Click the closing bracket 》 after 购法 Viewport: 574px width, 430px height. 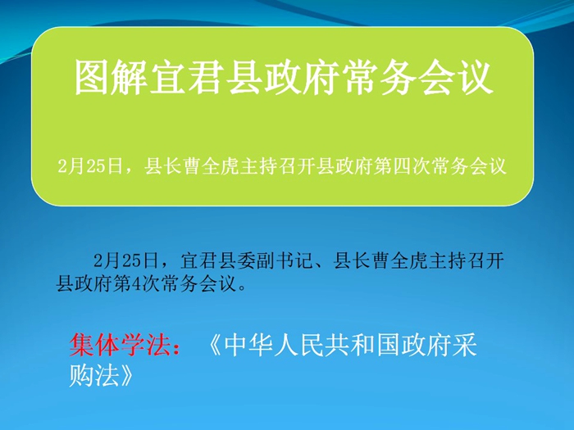pos(127,375)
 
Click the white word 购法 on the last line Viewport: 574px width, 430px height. pos(94,375)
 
